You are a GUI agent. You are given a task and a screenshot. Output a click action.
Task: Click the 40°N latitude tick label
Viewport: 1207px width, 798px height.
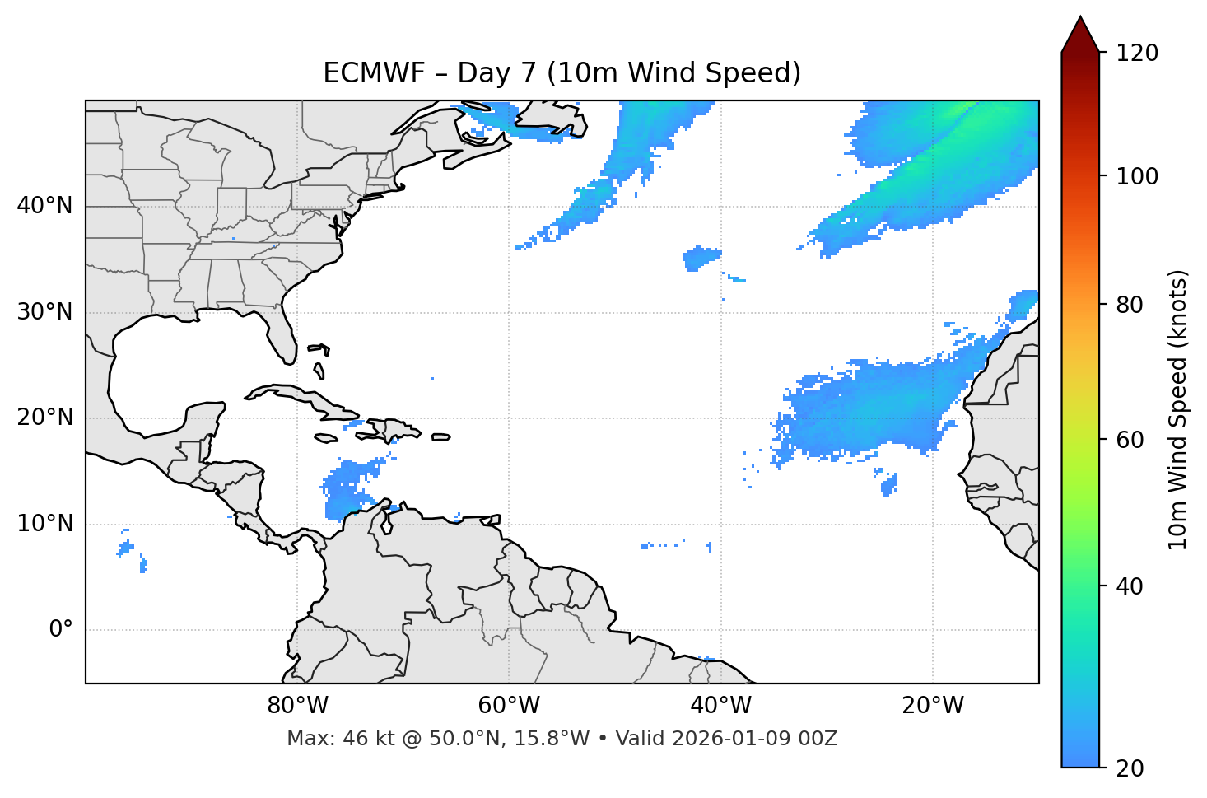tap(44, 206)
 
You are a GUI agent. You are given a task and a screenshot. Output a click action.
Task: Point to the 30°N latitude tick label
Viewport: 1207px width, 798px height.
tap(44, 312)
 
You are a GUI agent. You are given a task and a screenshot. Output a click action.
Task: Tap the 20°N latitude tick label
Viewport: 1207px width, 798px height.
tap(44, 418)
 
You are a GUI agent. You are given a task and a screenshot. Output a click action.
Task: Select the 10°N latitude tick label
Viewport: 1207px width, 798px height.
tap(44, 524)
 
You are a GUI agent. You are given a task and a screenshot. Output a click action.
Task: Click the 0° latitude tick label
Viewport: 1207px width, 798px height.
tap(61, 630)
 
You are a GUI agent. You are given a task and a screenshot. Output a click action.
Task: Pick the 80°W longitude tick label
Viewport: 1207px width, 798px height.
tap(297, 706)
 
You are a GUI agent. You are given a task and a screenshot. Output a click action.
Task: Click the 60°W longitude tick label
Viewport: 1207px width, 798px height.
tap(509, 706)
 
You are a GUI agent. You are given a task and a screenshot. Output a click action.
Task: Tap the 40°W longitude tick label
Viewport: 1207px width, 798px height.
tap(720, 706)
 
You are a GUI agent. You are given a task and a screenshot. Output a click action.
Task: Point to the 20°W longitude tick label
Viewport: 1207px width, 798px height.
tap(932, 706)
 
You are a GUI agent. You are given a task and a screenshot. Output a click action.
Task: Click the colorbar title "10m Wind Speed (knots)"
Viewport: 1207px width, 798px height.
tap(1178, 410)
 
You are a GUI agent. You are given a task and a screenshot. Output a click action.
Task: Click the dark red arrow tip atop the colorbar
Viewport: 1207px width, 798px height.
tap(1080, 33)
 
